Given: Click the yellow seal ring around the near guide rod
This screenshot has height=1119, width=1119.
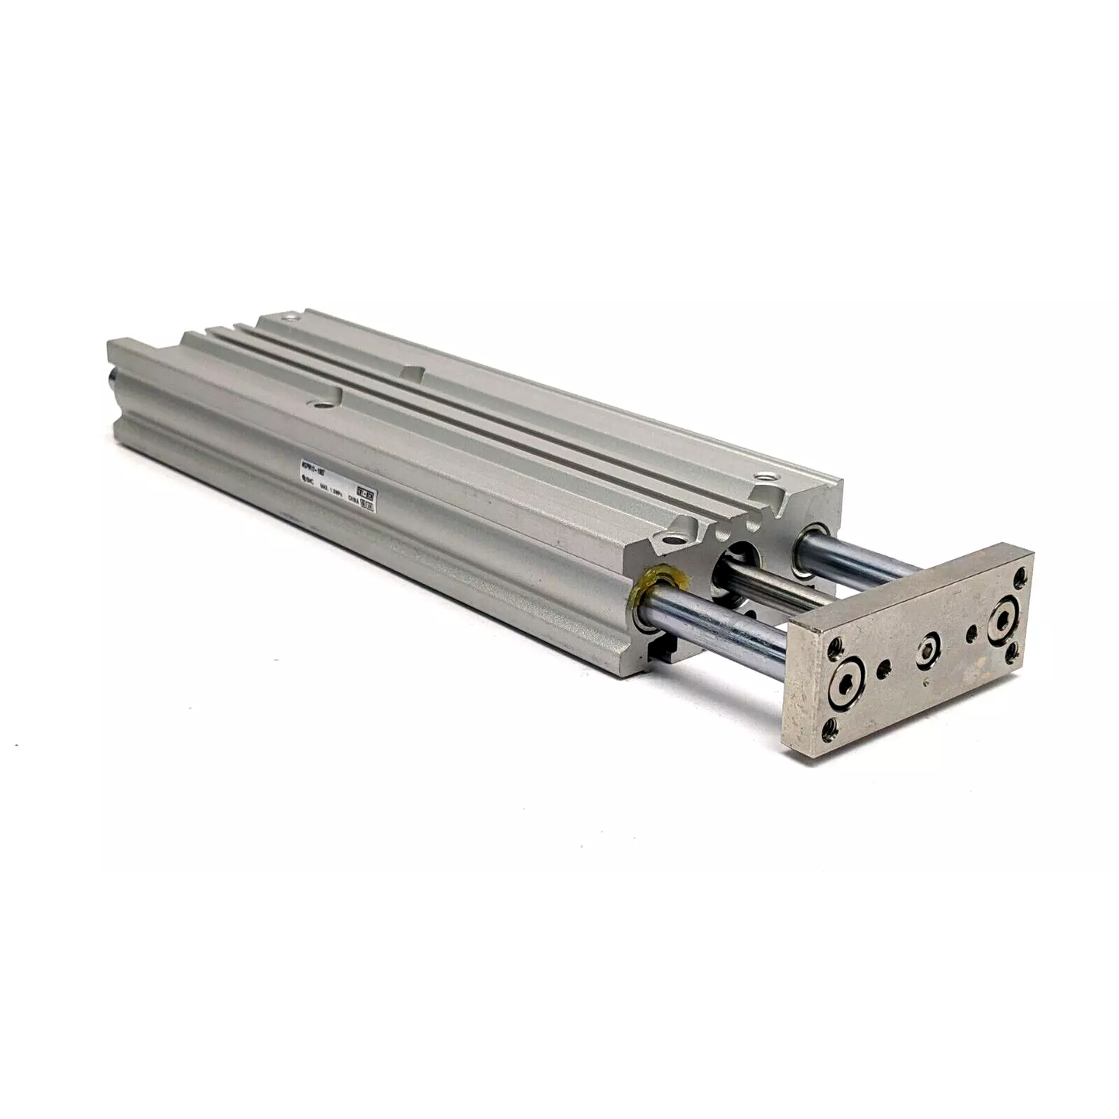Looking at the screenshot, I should pyautogui.click(x=650, y=593).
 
